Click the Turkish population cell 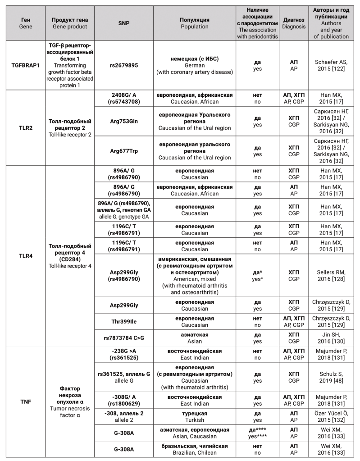(x=194, y=416)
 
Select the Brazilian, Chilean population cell (x=194, y=449)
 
